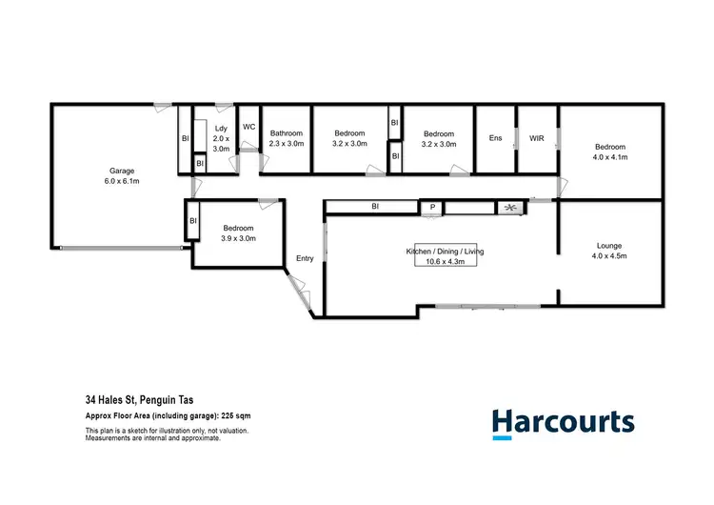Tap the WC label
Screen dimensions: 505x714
[248, 126]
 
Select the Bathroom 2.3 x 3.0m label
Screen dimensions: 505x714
[286, 139]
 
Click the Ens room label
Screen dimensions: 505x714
[495, 138]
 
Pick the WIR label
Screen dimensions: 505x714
[536, 138]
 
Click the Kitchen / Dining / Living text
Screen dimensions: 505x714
[446, 252]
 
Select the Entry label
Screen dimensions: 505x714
[305, 258]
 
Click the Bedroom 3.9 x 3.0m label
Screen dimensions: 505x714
[238, 233]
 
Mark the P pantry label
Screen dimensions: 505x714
[432, 207]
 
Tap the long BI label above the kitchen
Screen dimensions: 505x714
[376, 206]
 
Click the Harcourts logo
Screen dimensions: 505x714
[562, 422]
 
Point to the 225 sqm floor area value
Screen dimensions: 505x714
[237, 416]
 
